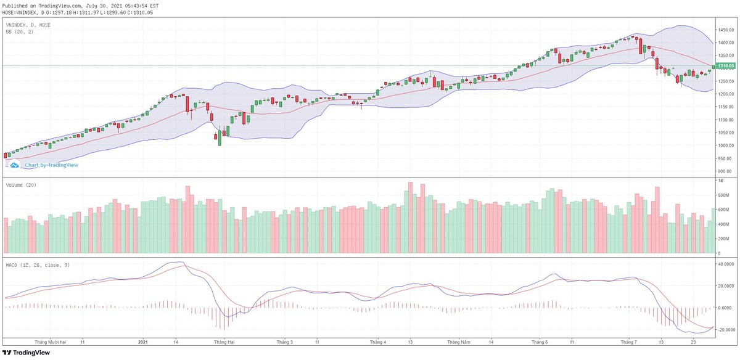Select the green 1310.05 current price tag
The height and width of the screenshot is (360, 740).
pyautogui.click(x=726, y=65)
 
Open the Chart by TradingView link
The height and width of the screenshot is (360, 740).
pyautogui.click(x=51, y=165)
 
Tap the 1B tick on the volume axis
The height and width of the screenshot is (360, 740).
pyautogui.click(x=719, y=181)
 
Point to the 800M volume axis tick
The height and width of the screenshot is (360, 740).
pyautogui.click(x=722, y=195)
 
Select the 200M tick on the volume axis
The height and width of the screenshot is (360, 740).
pyautogui.click(x=722, y=239)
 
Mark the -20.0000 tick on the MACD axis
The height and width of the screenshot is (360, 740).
pyautogui.click(x=725, y=330)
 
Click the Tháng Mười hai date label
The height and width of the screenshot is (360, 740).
pyautogui.click(x=50, y=342)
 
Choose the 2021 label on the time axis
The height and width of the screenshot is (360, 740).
pyautogui.click(x=142, y=342)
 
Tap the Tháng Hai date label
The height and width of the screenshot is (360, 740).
pyautogui.click(x=224, y=342)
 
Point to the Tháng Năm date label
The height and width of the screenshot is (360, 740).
pyautogui.click(x=459, y=342)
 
